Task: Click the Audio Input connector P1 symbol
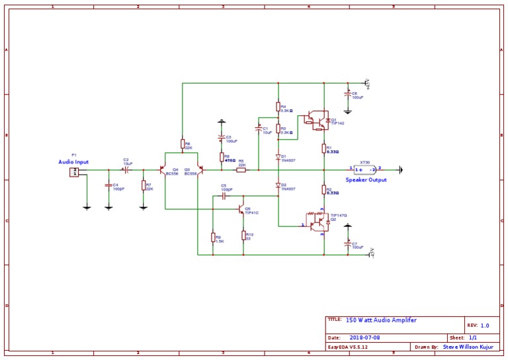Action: (74, 172)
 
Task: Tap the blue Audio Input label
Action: (73, 161)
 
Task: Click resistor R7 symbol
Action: (144, 185)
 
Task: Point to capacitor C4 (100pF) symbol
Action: (108, 186)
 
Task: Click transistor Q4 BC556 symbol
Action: (164, 170)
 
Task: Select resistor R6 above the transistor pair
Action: (183, 144)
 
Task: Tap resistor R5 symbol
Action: (241, 170)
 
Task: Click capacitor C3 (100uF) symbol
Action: (221, 139)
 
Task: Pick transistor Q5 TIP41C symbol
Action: (241, 209)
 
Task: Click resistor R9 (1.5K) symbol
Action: (213, 238)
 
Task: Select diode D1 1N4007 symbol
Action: (278, 157)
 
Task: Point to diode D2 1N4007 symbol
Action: (278, 186)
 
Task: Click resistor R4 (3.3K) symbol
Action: (278, 107)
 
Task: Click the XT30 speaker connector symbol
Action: (365, 169)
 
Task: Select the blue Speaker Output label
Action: (366, 179)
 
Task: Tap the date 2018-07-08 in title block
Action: (363, 337)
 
